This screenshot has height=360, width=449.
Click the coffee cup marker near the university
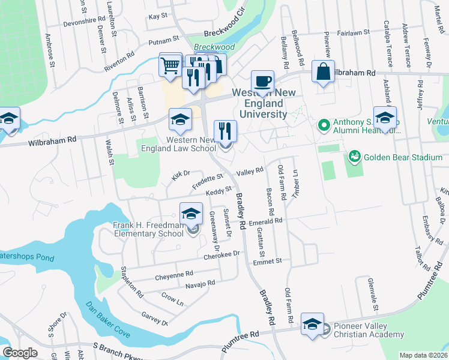tap(261, 81)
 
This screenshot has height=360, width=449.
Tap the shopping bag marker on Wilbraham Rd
tap(323, 72)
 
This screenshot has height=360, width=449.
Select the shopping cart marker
tap(170, 65)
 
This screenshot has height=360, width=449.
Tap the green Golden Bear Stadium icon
tap(354, 157)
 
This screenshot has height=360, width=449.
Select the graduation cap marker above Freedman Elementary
tap(191, 213)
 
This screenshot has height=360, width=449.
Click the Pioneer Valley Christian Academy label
tap(369, 331)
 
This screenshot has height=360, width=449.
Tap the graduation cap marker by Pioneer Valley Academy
tap(312, 325)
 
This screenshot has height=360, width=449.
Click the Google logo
tap(20, 353)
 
